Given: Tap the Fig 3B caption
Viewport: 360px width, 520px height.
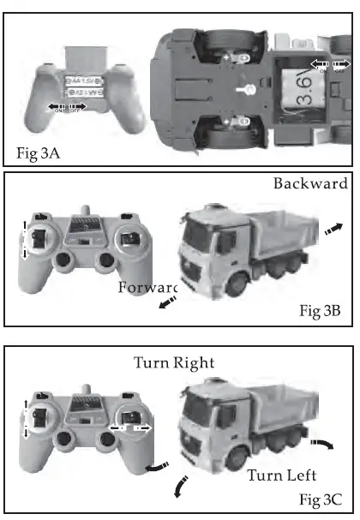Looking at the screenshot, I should (321, 311).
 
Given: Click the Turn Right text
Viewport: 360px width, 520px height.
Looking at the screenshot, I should (173, 362).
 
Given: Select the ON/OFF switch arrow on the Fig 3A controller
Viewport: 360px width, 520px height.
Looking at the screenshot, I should (69, 107).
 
